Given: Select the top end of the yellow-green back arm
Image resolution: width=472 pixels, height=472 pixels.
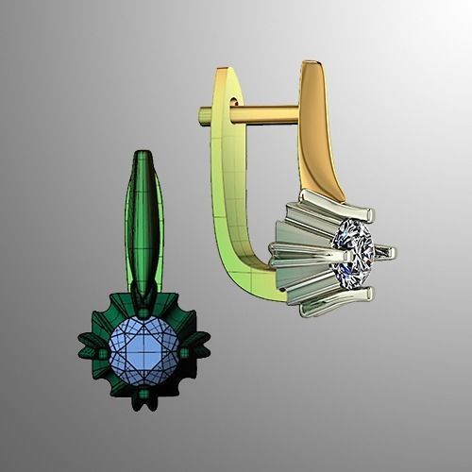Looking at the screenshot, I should [x=223, y=74].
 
